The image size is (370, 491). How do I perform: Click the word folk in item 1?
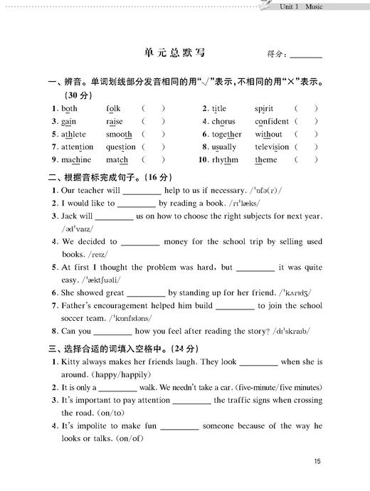coord(113,109)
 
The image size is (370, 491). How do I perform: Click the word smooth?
coord(119,134)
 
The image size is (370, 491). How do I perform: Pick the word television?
coord(272,147)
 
